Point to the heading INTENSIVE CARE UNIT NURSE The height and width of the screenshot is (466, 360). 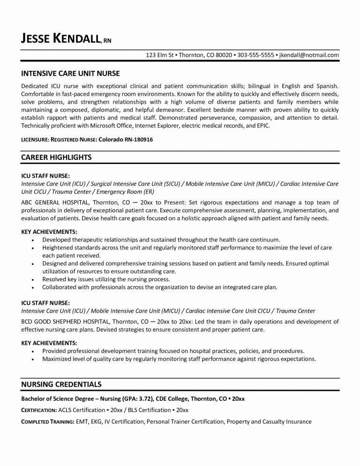(71, 74)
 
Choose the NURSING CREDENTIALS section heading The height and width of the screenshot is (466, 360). (61, 384)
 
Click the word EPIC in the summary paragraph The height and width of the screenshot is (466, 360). (262, 127)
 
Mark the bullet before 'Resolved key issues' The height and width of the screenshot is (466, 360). (32, 278)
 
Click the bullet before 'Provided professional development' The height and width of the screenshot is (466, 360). (32, 351)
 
